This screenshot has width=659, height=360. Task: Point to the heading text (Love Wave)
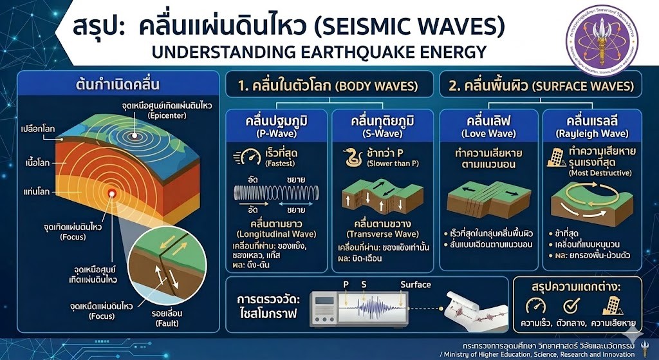(x=488, y=134)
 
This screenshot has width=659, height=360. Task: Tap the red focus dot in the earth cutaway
(x=112, y=193)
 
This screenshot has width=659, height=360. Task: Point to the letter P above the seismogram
(x=346, y=284)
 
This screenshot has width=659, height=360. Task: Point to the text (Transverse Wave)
(x=383, y=232)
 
